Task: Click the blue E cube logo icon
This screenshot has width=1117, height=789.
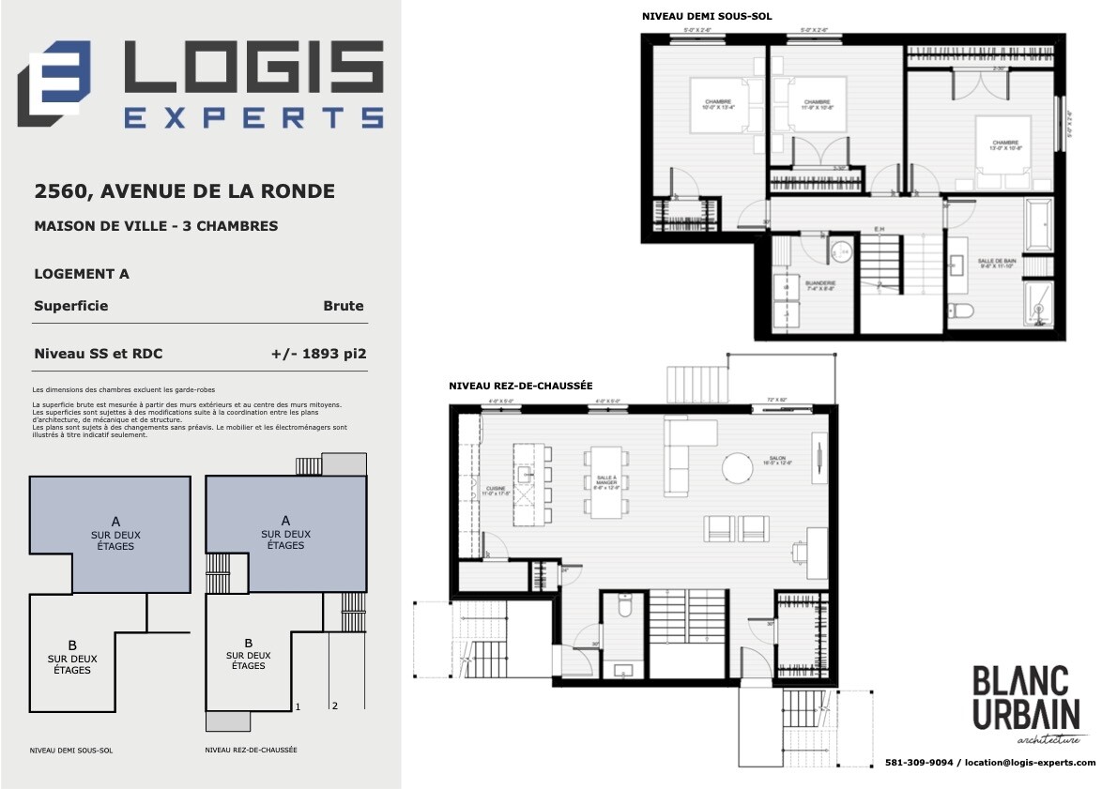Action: coord(54,83)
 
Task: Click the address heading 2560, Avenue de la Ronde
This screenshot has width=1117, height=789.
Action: coord(184,191)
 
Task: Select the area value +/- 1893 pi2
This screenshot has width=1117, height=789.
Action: coord(317,354)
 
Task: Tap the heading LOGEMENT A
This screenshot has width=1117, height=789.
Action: coord(82,274)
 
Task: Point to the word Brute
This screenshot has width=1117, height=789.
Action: coord(343,306)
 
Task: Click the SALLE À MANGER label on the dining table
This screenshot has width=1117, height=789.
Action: coord(605,481)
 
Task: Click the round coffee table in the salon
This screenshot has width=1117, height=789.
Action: coord(738,466)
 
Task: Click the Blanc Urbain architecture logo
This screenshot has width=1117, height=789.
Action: coord(1027,706)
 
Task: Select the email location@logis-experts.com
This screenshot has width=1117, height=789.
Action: coord(1031,763)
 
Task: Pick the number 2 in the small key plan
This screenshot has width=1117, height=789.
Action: coord(335,705)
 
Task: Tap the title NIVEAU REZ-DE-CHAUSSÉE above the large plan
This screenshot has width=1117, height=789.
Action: coord(520,387)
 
